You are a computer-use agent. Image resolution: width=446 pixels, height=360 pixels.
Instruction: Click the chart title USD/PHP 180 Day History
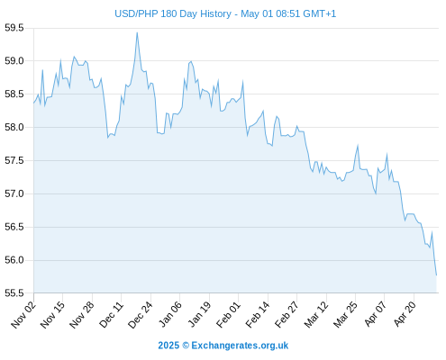point(173,13)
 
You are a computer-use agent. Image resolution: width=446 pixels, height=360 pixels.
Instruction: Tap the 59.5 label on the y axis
point(14,28)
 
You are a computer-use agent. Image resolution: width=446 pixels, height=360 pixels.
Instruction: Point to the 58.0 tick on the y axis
point(14,128)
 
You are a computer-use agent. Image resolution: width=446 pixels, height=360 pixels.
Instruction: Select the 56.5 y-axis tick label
point(14,227)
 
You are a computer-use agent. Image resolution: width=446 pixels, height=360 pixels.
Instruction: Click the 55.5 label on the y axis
point(14,293)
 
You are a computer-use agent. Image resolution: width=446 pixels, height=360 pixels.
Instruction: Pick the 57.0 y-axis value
point(14,193)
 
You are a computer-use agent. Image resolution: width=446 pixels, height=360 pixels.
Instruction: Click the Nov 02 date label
point(23,315)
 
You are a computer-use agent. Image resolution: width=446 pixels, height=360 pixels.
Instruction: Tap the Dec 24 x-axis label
point(141,315)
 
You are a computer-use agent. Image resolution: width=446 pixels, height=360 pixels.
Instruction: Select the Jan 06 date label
point(170,315)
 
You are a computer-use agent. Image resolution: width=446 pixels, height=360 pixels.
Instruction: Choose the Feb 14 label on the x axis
point(258,315)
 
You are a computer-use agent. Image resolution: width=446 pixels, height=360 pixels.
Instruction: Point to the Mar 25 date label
point(345,315)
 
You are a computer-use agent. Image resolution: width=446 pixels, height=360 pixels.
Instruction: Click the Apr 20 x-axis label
point(405,315)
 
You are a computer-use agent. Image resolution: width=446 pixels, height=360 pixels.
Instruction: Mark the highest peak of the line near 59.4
point(137,32)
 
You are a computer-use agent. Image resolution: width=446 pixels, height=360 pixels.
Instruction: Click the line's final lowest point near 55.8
point(436,274)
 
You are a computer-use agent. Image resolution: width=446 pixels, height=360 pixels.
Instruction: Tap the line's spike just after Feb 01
point(242,81)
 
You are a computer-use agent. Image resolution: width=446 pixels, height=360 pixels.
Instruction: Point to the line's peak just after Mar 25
point(358,146)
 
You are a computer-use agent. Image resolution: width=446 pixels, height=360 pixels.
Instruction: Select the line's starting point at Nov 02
point(33,103)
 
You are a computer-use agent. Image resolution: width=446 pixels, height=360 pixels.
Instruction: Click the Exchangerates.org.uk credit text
point(240,346)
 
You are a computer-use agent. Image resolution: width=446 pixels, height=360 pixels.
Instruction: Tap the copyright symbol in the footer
point(186,346)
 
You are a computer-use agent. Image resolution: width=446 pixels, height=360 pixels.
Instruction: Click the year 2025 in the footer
point(168,346)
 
